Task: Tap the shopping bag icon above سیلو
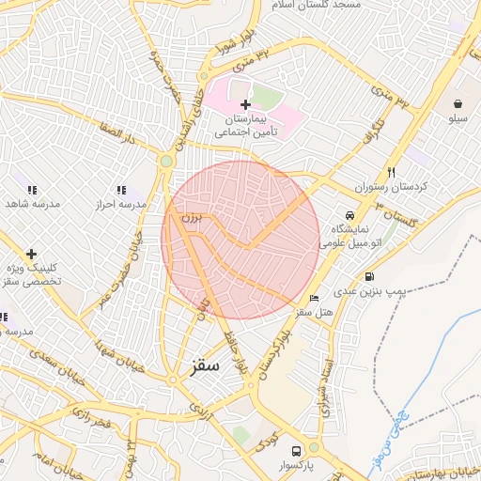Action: (458, 103)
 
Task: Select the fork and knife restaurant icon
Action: (391, 172)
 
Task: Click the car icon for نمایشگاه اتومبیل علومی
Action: (349, 213)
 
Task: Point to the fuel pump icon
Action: (369, 277)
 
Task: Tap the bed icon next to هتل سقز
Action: (314, 297)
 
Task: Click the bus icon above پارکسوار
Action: (298, 450)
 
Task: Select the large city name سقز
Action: (203, 365)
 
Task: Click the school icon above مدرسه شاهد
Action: (31, 189)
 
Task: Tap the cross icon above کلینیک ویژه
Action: (31, 253)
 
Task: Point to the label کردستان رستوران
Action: (396, 187)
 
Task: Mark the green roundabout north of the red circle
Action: (166, 161)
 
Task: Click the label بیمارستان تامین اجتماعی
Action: (249, 126)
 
